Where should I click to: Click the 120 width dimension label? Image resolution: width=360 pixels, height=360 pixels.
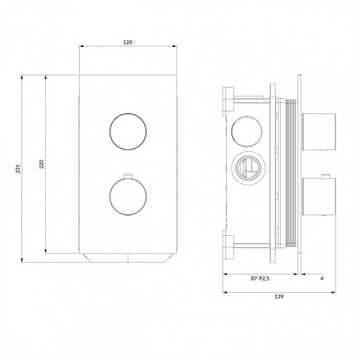127,42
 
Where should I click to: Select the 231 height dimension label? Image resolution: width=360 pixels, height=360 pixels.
18,169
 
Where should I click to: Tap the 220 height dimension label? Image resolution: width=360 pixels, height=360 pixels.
42,164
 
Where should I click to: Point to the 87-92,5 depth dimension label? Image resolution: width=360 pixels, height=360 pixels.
260,279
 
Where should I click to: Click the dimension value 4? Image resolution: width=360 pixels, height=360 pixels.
321,279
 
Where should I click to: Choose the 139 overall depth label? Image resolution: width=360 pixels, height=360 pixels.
279,296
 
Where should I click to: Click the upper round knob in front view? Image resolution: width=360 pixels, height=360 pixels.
128,132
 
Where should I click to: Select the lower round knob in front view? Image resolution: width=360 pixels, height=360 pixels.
128,197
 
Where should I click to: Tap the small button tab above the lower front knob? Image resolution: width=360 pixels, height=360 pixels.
128,176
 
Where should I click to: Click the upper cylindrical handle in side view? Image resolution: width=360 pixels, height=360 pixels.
318,132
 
